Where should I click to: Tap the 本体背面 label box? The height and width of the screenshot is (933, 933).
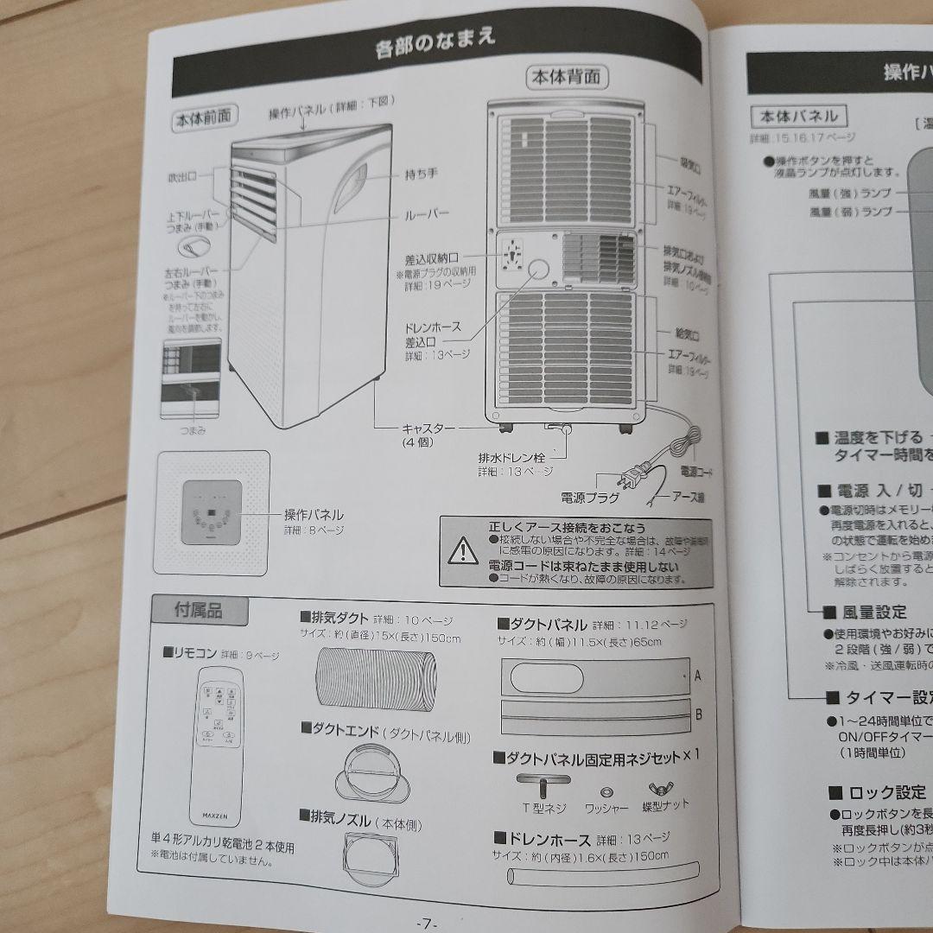pyautogui.click(x=567, y=78)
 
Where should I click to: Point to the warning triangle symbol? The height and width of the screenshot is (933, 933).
pyautogui.click(x=463, y=549)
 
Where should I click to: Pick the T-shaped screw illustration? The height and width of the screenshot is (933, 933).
pyautogui.click(x=543, y=785)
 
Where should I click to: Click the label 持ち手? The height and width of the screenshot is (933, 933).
pyautogui.click(x=422, y=174)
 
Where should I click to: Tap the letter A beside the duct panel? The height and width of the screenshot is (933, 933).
pyautogui.click(x=698, y=677)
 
